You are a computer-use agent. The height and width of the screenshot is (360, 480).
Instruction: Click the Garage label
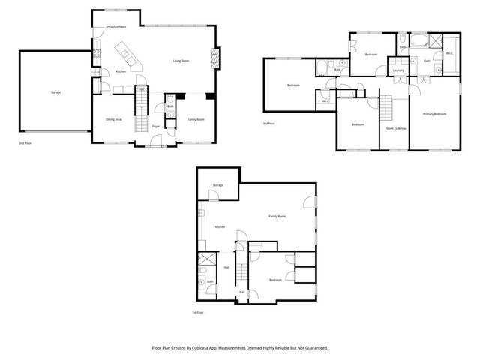pyautogui.click(x=55, y=92)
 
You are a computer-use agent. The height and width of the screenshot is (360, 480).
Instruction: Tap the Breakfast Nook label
pyautogui.click(x=115, y=27)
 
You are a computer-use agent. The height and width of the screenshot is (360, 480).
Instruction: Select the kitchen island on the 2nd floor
pyautogui.click(x=124, y=55)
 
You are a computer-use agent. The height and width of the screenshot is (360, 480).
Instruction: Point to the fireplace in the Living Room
pyautogui.click(x=217, y=58)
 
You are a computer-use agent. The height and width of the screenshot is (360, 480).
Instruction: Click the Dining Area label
pyautogui.click(x=114, y=119)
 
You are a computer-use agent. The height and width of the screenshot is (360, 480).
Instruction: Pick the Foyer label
pyautogui.click(x=156, y=127)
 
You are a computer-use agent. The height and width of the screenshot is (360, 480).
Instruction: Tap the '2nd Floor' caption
pyautogui.click(x=26, y=142)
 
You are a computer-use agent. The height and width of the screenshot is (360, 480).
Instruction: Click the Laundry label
pyautogui.click(x=398, y=70)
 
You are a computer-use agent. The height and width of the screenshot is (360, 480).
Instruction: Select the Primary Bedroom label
pyautogui.click(x=434, y=114)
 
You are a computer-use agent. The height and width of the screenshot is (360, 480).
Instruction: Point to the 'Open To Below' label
pyautogui.click(x=396, y=128)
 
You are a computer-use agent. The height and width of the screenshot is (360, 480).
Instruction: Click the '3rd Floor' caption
pyautogui.click(x=269, y=123)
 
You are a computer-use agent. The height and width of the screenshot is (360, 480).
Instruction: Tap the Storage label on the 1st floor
pyautogui.click(x=217, y=184)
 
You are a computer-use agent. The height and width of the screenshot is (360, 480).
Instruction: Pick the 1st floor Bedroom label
pyautogui.click(x=275, y=280)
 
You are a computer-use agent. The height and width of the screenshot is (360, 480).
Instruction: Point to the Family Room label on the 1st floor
pyautogui.click(x=277, y=216)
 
